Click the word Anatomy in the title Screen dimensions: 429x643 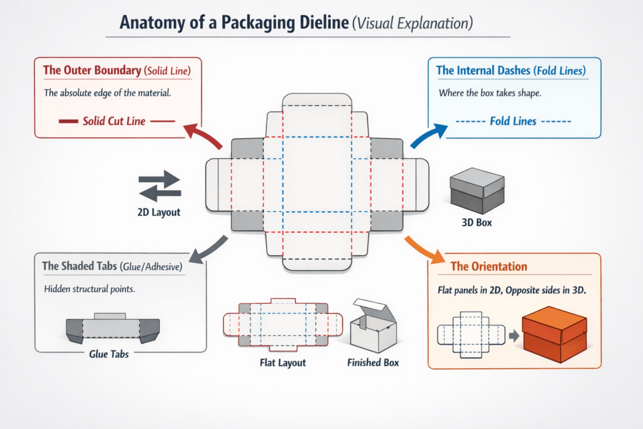point(161,24)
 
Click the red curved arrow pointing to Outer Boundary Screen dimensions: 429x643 point(202,135)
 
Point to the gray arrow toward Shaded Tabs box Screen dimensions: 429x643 point(207,247)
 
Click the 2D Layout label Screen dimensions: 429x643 point(159,212)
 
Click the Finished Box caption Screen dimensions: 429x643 point(373,362)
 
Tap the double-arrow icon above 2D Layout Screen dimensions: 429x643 point(159,185)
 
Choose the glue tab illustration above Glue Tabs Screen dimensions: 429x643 point(113,328)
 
